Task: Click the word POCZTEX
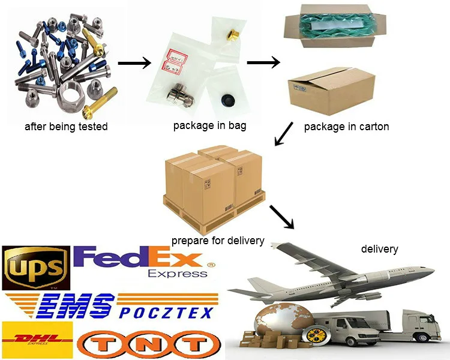coord(166,312)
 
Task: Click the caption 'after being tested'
coord(66,127)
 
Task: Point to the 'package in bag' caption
coord(209,125)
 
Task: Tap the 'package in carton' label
coord(346,127)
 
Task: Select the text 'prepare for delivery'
coord(218,241)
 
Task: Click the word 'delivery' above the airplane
coord(379,248)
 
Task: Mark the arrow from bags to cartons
coord(263,62)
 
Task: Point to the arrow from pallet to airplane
coord(281,217)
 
